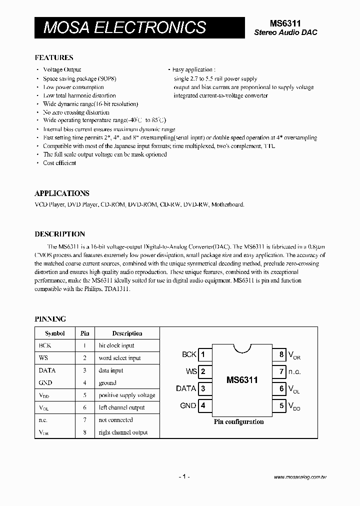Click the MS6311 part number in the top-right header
tap(285, 23)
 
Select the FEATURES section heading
tap(54, 57)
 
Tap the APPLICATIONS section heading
tap(62, 193)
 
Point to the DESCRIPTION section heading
tap(59, 234)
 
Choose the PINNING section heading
tap(50, 319)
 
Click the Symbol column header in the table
tap(54, 333)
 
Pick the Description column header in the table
tap(127, 333)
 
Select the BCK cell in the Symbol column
tap(45, 345)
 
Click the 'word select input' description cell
tap(119, 358)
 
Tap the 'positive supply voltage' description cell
tap(127, 395)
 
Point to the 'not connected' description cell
tap(115, 420)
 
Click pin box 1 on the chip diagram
tap(203, 354)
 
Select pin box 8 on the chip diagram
tap(281, 354)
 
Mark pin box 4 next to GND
tap(203, 405)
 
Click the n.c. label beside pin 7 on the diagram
tap(295, 371)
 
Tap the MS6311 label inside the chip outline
tap(242, 380)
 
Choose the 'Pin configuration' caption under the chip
tap(238, 422)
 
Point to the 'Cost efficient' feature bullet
tap(59, 163)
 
